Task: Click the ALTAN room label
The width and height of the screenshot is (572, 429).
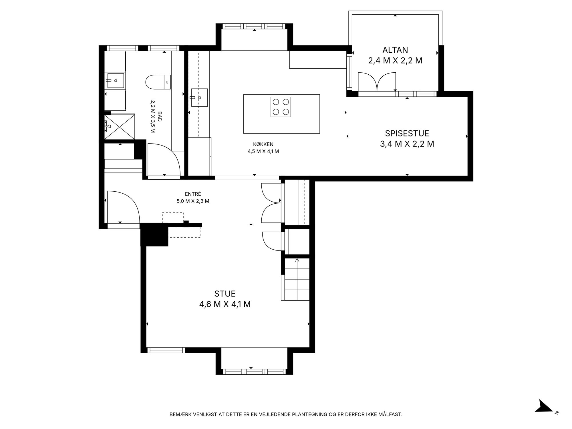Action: pyautogui.click(x=395, y=50)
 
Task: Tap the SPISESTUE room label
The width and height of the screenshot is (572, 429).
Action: pyautogui.click(x=407, y=133)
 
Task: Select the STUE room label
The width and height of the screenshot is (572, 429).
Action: pyautogui.click(x=225, y=294)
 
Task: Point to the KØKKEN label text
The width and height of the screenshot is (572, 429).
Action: pyautogui.click(x=263, y=144)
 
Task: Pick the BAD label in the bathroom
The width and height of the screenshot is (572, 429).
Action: pyautogui.click(x=160, y=116)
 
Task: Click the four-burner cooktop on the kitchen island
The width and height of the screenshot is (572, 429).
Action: pyautogui.click(x=281, y=107)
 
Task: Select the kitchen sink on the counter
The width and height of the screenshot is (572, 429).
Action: pyautogui.click(x=199, y=98)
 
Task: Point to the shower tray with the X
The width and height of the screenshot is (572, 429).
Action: pyautogui.click(x=119, y=127)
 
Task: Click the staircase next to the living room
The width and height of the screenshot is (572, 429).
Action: pyautogui.click(x=297, y=279)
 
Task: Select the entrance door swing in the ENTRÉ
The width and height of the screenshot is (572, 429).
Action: pyautogui.click(x=123, y=207)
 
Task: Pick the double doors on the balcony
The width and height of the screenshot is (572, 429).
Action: pyautogui.click(x=377, y=82)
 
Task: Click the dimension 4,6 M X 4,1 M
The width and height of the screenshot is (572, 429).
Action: pyautogui.click(x=225, y=304)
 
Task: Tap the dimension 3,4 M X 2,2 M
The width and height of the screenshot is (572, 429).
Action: pyautogui.click(x=407, y=144)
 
